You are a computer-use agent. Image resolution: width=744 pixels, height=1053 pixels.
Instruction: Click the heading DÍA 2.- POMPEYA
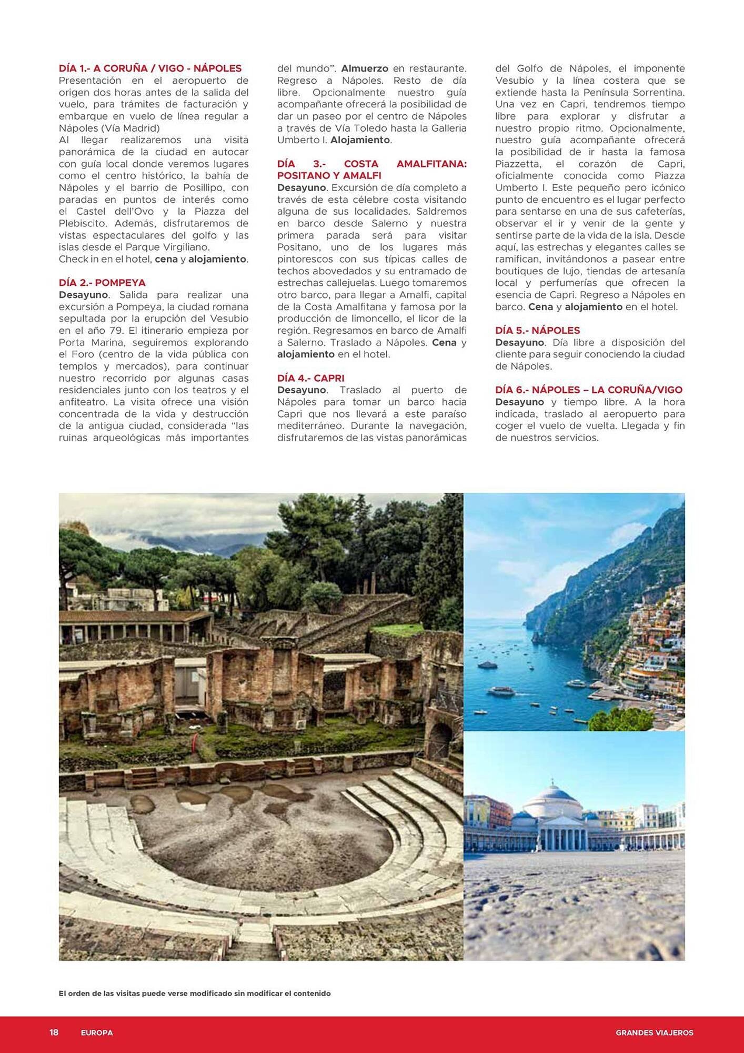[102, 283]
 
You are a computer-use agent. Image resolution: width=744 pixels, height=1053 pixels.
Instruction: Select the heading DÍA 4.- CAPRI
[310, 378]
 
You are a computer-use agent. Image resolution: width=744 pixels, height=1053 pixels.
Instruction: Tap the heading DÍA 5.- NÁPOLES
[537, 331]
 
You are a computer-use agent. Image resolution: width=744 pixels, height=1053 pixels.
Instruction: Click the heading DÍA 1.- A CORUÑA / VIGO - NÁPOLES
[150, 68]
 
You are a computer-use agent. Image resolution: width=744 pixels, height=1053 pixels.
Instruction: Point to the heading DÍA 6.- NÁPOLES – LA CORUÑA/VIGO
[588, 390]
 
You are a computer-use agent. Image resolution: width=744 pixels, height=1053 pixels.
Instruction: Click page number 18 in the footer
[54, 1032]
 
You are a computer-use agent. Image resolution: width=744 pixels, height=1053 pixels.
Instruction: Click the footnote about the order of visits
[195, 994]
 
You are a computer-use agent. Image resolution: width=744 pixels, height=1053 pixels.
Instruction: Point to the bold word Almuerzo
[365, 68]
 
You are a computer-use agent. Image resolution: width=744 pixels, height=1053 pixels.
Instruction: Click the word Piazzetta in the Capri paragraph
[520, 164]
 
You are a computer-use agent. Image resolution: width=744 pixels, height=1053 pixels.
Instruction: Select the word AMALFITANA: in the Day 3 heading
[431, 164]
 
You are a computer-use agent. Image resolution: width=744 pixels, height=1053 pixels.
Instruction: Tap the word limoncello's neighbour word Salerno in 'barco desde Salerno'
[390, 223]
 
